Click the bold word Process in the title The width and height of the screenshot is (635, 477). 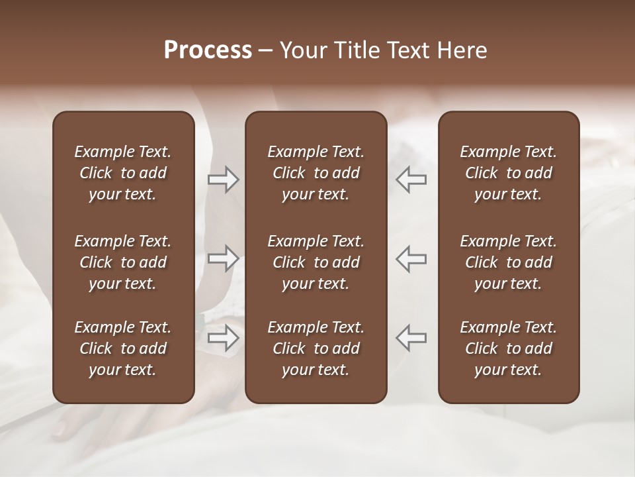[208, 50]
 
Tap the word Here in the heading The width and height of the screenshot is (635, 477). [462, 50]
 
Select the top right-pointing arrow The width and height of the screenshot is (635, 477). [223, 180]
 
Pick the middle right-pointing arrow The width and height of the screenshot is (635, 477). [223, 258]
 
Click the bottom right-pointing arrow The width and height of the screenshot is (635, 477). [223, 337]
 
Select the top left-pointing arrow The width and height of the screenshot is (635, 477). [411, 180]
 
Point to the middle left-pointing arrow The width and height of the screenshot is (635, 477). [411, 258]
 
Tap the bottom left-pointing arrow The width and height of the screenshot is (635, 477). [411, 337]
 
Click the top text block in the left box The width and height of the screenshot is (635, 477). [123, 173]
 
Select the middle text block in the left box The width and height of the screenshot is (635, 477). [123, 262]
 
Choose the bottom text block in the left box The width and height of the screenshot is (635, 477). [123, 348]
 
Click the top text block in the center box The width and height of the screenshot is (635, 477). [316, 173]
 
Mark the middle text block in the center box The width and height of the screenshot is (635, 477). [316, 262]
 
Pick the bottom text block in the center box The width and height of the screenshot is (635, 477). [316, 348]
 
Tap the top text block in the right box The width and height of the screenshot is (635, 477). [508, 173]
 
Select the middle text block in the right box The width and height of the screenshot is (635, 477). [508, 262]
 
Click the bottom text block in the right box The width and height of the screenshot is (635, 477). [508, 348]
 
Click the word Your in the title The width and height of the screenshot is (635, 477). [302, 50]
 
